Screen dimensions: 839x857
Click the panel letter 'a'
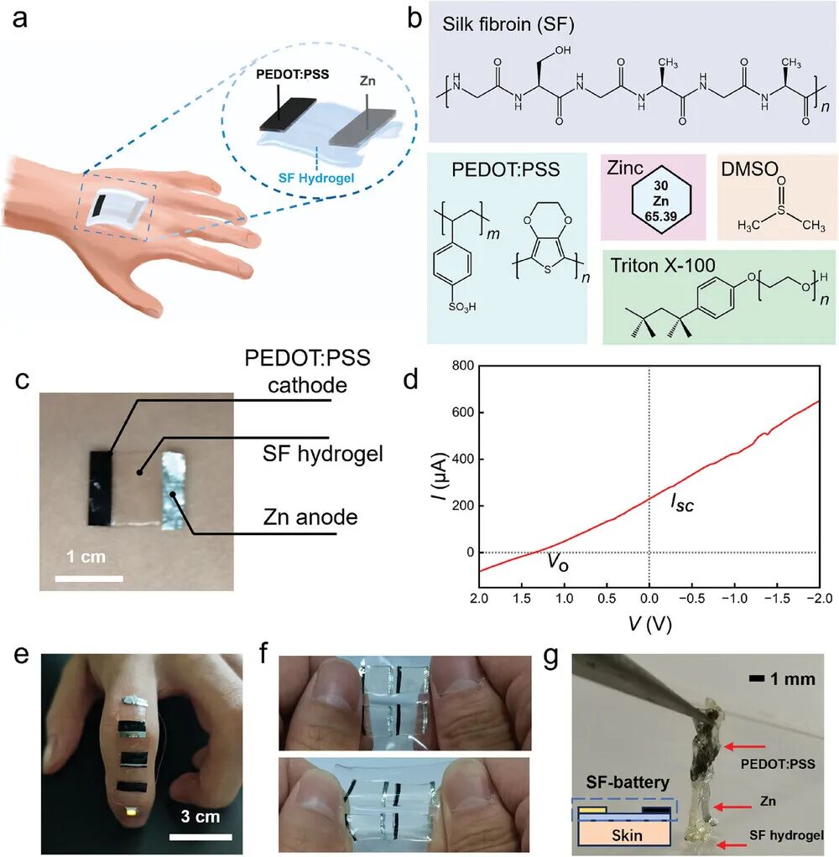(x=20, y=18)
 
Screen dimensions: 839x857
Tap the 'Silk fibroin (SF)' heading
(x=508, y=24)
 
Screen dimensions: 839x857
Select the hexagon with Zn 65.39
(x=661, y=200)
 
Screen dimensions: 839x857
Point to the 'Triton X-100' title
(x=663, y=266)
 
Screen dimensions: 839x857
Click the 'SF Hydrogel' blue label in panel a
(x=316, y=178)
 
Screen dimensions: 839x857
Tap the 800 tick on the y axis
(x=462, y=366)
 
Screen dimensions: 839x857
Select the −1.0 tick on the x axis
(x=734, y=599)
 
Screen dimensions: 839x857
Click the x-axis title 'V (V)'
(x=649, y=623)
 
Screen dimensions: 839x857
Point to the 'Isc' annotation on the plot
(x=682, y=503)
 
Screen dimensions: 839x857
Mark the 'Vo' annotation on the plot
(x=558, y=562)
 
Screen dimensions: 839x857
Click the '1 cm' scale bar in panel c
(x=89, y=579)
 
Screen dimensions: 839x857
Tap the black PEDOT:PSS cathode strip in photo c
(x=100, y=488)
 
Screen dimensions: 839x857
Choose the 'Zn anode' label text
(x=310, y=517)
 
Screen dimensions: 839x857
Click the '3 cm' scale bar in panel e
(x=201, y=836)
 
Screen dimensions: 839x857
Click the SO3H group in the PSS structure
(x=462, y=307)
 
